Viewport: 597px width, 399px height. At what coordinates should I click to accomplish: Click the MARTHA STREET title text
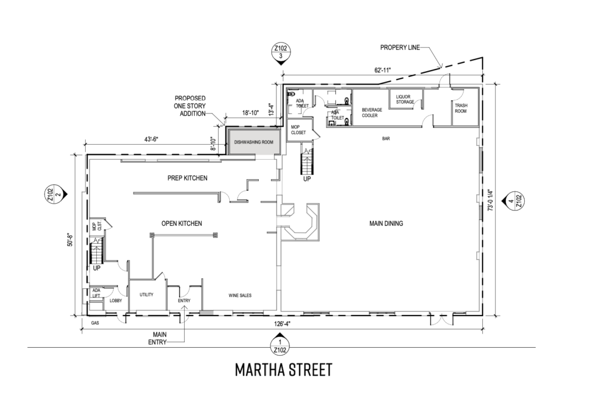pyautogui.click(x=283, y=370)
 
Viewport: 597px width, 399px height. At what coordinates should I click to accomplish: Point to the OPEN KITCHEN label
pyautogui.click(x=182, y=223)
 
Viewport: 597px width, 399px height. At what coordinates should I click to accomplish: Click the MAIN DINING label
pyautogui.click(x=386, y=223)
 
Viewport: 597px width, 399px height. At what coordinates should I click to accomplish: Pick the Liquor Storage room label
pyautogui.click(x=405, y=99)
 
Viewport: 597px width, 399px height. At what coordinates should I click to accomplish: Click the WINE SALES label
pyautogui.click(x=240, y=295)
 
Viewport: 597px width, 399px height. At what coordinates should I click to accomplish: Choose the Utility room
pyautogui.click(x=147, y=295)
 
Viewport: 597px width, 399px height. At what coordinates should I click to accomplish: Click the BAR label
pyautogui.click(x=386, y=139)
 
